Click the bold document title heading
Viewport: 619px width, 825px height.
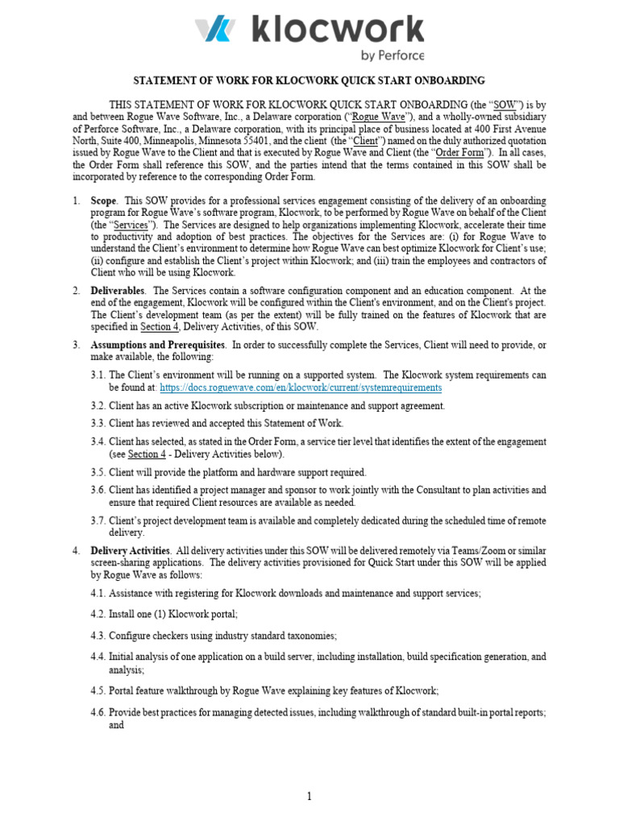click(x=309, y=81)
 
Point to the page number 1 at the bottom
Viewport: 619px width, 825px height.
click(x=309, y=797)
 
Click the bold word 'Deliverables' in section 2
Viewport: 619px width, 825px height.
click(x=118, y=290)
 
